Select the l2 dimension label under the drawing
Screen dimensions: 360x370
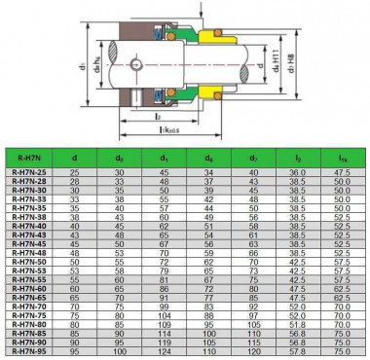pos(159,116)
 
